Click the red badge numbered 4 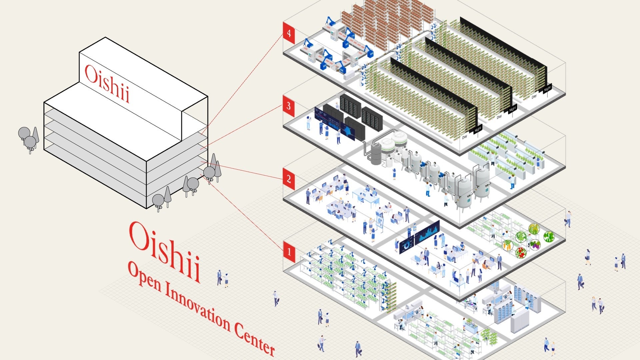[289, 33]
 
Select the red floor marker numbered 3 [289, 106]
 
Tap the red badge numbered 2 [289, 179]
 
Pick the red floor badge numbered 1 [289, 252]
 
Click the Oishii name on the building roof [107, 83]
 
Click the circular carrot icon [507, 245]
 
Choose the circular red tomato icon [521, 252]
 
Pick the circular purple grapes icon [535, 245]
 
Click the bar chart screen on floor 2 [427, 232]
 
